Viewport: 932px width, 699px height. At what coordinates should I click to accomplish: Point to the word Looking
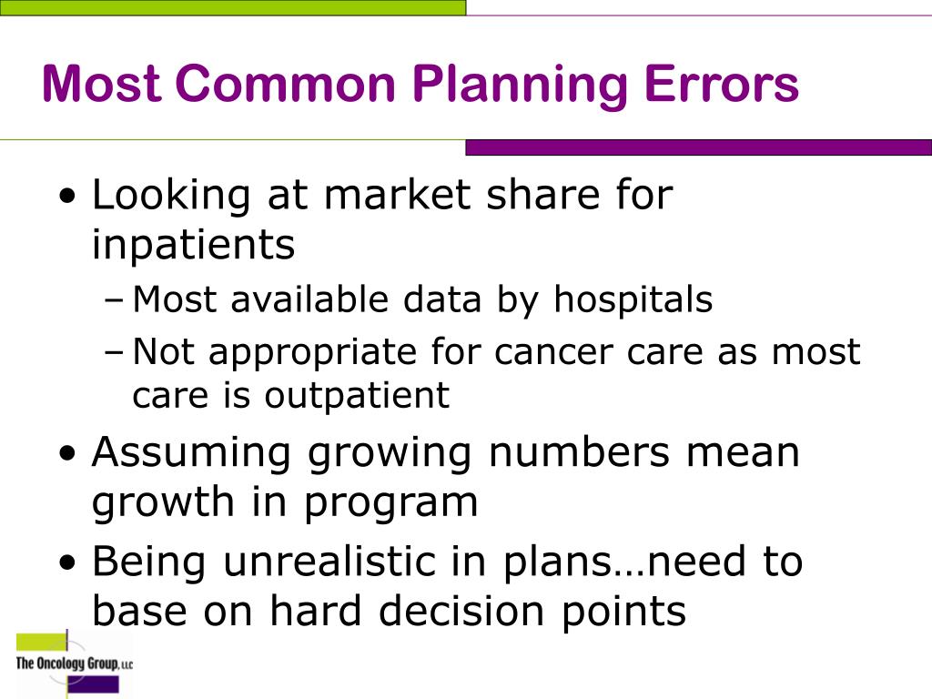point(171,196)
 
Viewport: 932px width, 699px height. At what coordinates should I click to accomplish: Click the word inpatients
point(194,244)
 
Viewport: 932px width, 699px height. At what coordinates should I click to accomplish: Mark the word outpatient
point(358,396)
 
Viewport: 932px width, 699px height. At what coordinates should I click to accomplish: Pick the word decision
point(457,612)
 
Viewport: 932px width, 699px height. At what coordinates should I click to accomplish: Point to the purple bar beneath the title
point(698,147)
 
